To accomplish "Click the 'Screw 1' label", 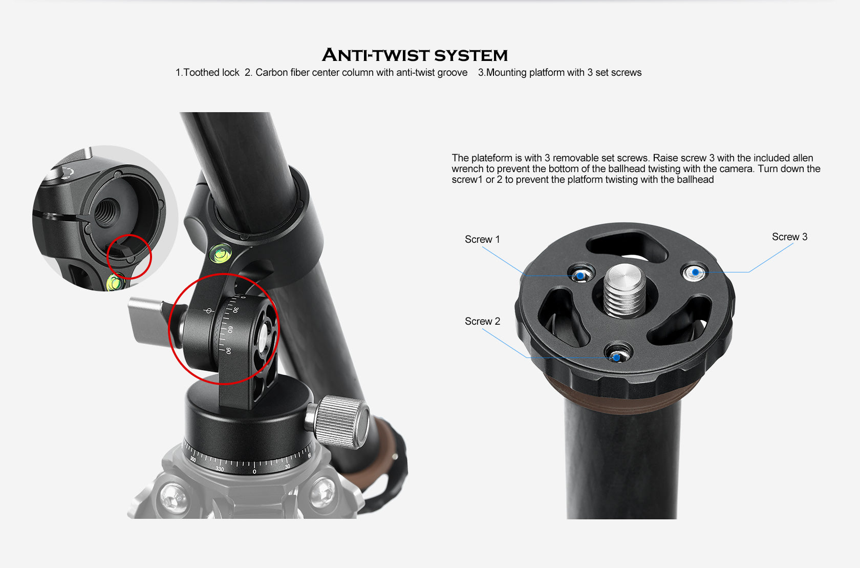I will click(x=482, y=239).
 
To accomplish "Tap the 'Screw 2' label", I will click(x=482, y=321).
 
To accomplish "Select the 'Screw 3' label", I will click(x=789, y=237).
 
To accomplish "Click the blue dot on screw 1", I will click(x=580, y=276).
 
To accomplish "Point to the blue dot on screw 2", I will click(x=617, y=357).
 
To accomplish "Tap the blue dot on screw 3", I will click(x=695, y=272).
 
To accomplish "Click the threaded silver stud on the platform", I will click(x=625, y=290).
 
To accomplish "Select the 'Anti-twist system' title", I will click(x=415, y=55).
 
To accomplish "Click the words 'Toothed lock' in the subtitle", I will click(x=211, y=73).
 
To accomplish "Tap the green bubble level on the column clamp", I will click(x=221, y=253).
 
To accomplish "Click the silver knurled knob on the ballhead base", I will click(x=342, y=419).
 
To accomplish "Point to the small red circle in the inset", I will click(x=130, y=257).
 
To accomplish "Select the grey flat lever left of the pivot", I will click(x=148, y=321).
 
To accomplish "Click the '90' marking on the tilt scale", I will click(x=228, y=351).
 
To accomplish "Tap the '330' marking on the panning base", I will click(x=220, y=469).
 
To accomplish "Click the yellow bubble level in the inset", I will click(x=115, y=282).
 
